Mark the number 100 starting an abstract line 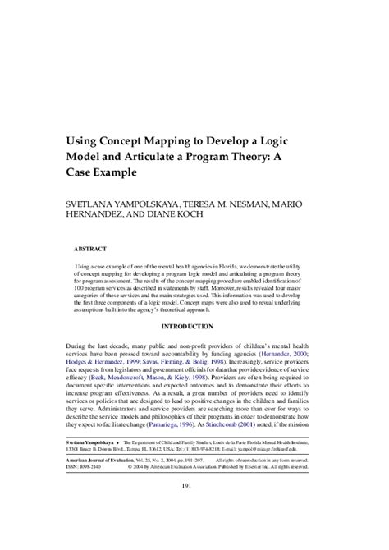[x=80, y=291]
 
